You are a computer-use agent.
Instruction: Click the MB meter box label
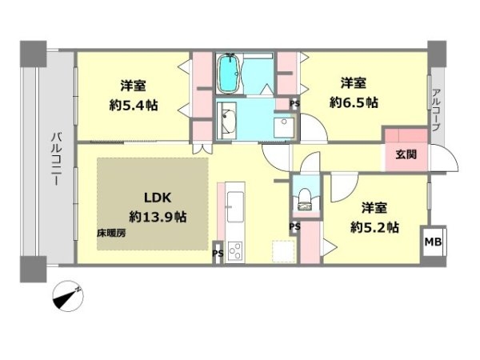tap(433, 242)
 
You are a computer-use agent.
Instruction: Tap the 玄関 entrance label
tap(406, 154)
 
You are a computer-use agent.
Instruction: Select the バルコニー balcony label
tap(56, 159)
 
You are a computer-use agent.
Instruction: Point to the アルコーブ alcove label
tap(436, 110)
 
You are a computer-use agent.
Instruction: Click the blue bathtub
tap(228, 74)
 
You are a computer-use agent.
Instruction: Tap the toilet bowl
tap(304, 199)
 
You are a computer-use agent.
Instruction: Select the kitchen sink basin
tap(234, 206)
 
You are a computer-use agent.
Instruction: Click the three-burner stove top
tap(235, 251)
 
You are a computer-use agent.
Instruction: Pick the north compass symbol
tap(68, 296)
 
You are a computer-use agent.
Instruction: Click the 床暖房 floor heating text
tap(111, 234)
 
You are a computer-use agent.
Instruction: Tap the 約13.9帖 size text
tap(158, 217)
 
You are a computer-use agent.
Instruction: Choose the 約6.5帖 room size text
tap(354, 102)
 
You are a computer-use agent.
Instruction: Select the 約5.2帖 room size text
tap(374, 227)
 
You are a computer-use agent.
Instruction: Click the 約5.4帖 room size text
tap(134, 106)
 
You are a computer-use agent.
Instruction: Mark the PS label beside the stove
tap(218, 254)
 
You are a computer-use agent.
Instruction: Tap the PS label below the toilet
tap(294, 227)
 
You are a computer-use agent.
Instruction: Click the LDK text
tap(158, 198)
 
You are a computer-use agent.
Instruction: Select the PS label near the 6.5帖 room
tap(294, 104)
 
